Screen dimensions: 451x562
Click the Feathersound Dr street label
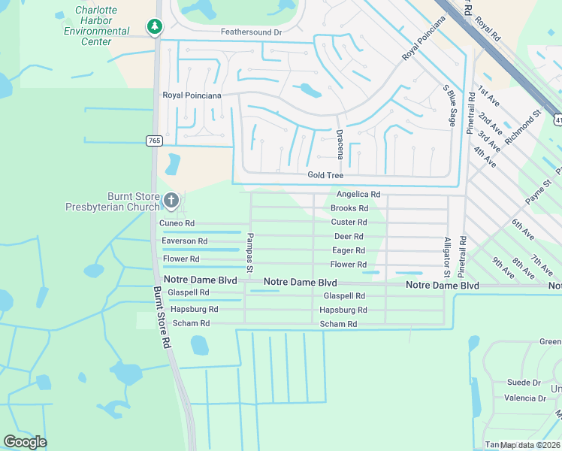click(250, 32)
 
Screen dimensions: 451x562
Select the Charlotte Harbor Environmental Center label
click(96, 26)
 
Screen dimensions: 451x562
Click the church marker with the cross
click(171, 201)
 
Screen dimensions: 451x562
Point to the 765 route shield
click(154, 141)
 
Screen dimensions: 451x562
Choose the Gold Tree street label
click(325, 175)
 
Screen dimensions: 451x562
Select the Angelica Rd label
click(358, 194)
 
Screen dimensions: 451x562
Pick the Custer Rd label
click(349, 222)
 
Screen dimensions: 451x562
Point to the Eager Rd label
click(349, 250)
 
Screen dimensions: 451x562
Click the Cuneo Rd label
click(177, 223)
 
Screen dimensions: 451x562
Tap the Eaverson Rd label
click(184, 241)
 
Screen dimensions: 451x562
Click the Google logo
click(25, 442)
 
